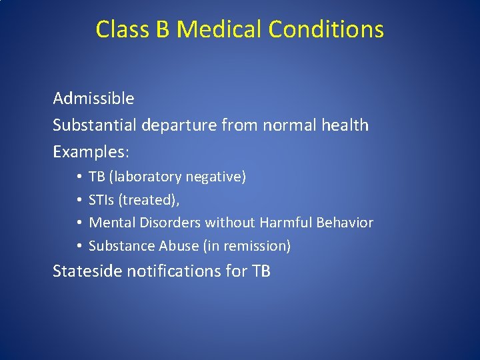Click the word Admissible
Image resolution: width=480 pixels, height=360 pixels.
click(x=93, y=99)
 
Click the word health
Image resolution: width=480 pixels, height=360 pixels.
click(x=344, y=125)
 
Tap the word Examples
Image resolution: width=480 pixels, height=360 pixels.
click(x=89, y=152)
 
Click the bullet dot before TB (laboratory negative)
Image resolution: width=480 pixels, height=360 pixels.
click(x=78, y=177)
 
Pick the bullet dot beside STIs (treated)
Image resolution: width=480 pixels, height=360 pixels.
click(x=78, y=200)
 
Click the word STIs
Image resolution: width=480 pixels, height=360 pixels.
click(x=102, y=200)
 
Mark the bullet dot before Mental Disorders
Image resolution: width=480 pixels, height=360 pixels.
click(x=78, y=223)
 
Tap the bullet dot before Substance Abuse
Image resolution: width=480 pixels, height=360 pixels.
click(x=78, y=246)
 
